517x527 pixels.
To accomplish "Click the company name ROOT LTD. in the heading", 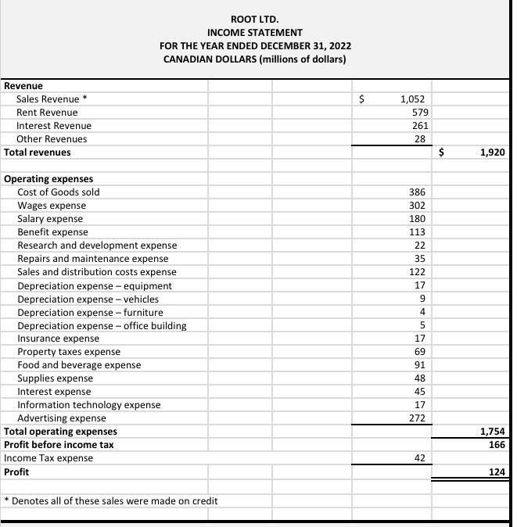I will coord(254,18).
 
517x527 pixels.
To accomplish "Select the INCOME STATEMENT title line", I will coord(254,32).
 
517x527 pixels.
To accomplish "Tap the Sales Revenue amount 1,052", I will coord(411,99).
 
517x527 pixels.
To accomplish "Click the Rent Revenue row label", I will coord(47,113).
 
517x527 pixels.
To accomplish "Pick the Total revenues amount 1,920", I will coord(492,152).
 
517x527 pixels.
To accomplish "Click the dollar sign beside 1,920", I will coord(440,152).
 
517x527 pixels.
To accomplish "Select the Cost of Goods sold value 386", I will coord(417,192).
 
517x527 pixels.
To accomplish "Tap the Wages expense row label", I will coord(52,206).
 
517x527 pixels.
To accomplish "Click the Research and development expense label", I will coord(97,246).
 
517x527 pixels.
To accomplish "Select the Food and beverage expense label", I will coord(79,365).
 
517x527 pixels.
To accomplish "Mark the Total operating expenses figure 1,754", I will coord(492,432).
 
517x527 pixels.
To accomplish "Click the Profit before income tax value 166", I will coord(496,445).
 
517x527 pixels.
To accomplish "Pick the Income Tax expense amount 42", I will coord(419,458).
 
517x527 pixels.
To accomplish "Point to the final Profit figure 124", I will coord(496,471).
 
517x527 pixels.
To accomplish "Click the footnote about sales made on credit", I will coord(110,500).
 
